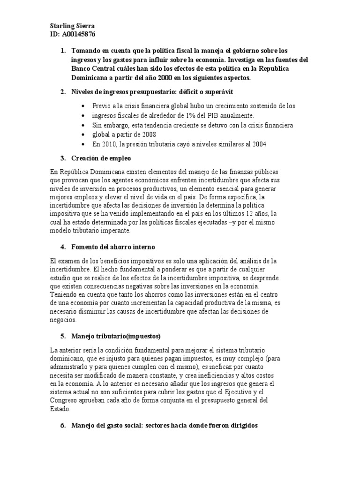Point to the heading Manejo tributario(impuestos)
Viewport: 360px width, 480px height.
(x=116, y=336)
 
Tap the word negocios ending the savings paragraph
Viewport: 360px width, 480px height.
(x=62, y=320)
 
